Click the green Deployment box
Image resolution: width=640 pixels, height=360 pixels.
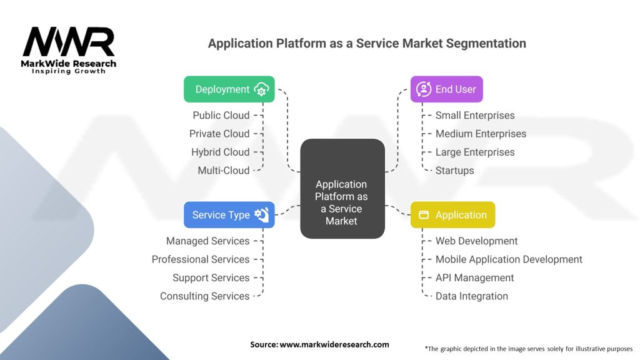(229, 89)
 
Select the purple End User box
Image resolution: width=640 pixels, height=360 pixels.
(446, 89)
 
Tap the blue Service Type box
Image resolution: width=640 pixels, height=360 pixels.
(229, 215)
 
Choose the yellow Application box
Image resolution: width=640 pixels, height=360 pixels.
(452, 215)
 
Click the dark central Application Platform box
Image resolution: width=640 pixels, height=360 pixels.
(342, 189)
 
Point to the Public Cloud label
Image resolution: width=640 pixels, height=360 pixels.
(221, 116)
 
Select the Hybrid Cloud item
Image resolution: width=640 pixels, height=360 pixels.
(221, 152)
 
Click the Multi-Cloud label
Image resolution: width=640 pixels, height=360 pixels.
(224, 170)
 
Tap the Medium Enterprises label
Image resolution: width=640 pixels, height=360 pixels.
(481, 134)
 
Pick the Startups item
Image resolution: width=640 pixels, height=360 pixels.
(455, 171)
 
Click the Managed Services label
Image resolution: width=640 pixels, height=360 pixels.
(207, 241)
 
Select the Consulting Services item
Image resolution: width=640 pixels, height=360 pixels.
(204, 296)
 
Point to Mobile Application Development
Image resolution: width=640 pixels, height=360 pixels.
(509, 259)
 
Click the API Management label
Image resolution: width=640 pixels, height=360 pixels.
(475, 278)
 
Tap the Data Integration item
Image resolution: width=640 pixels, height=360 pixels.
(472, 296)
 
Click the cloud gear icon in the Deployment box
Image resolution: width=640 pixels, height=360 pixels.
(261, 89)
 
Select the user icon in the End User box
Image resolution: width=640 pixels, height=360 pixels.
(424, 89)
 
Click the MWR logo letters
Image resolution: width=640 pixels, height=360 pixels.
(69, 42)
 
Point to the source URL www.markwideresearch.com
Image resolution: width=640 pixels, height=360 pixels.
(334, 344)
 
